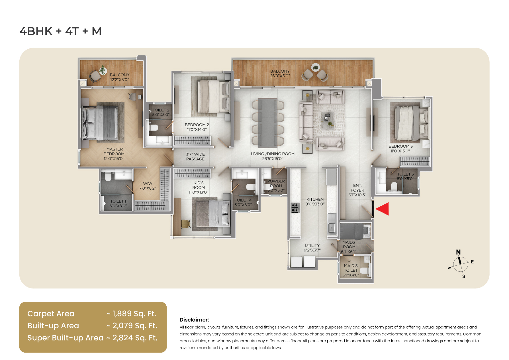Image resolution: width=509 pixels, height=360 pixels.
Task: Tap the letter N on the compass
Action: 458,252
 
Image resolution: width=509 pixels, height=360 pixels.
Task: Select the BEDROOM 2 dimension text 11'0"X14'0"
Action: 197,129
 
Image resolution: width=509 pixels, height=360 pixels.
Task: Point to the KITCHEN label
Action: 315,199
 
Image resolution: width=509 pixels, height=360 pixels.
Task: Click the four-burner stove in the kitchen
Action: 295,208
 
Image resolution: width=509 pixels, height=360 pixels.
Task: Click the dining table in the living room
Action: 267,123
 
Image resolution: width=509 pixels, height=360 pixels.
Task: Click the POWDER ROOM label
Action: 276,183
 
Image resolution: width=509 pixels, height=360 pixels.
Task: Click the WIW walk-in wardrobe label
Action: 148,184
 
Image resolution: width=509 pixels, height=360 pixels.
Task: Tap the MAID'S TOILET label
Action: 351,268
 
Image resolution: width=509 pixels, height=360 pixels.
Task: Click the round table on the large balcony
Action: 315,68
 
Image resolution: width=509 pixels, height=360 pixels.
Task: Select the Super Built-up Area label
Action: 65,338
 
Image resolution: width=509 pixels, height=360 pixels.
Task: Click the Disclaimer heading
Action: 194,320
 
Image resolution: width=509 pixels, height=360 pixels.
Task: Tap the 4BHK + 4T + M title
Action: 60,31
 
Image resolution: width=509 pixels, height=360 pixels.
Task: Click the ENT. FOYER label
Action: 357,188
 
